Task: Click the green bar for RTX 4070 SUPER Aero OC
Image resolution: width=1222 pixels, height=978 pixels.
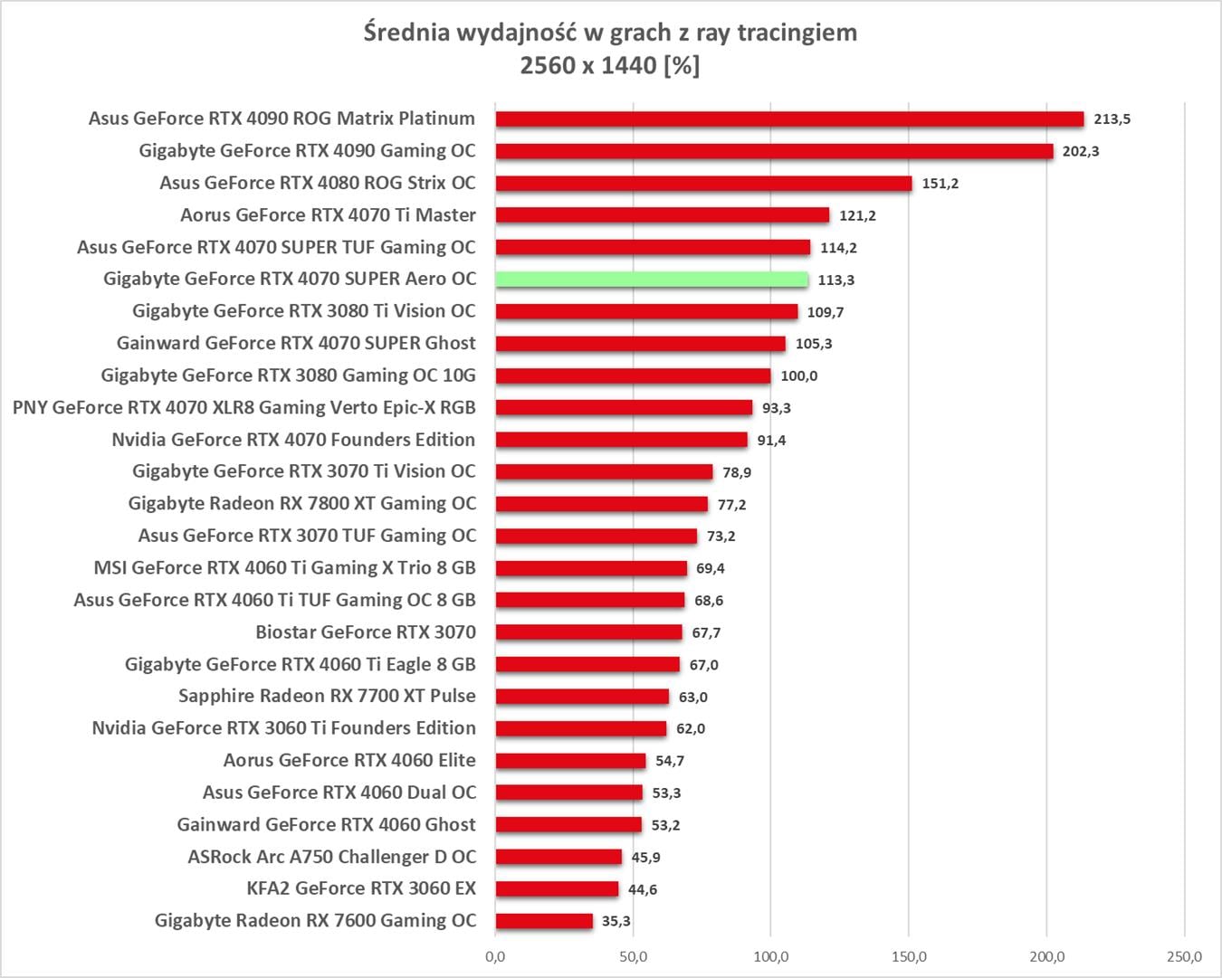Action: pos(652,280)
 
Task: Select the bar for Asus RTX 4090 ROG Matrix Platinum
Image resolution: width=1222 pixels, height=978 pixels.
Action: pos(789,119)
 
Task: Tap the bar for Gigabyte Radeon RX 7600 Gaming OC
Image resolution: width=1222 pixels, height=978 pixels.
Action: pos(544,921)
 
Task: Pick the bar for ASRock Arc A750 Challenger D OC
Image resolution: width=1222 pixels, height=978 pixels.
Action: pos(558,857)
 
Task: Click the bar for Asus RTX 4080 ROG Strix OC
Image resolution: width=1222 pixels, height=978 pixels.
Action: pos(703,183)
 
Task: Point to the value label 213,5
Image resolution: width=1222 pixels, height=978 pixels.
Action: pos(1112,119)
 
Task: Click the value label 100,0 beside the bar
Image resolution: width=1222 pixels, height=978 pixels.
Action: pos(798,376)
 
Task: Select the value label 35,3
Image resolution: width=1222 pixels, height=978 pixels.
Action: pos(616,921)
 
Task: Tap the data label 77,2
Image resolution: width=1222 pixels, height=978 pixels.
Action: pos(731,505)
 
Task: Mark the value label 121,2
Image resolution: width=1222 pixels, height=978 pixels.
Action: pos(856,215)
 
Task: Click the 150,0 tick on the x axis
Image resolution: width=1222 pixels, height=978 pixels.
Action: pos(909,957)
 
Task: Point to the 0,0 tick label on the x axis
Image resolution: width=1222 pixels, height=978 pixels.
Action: pos(495,957)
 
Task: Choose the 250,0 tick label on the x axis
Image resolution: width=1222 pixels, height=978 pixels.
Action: pos(1184,957)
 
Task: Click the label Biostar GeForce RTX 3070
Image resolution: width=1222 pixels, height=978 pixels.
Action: pos(365,632)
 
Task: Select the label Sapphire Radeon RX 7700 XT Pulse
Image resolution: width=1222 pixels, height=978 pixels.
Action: pos(327,696)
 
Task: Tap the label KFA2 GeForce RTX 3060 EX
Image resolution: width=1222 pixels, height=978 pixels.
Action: pos(361,888)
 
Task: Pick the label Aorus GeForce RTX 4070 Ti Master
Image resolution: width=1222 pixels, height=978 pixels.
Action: pos(328,215)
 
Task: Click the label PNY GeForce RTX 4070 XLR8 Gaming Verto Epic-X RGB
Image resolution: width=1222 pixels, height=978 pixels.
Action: pos(243,408)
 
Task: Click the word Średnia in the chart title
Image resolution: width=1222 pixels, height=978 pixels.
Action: pos(406,33)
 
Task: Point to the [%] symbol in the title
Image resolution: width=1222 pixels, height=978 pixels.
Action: pos(681,65)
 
